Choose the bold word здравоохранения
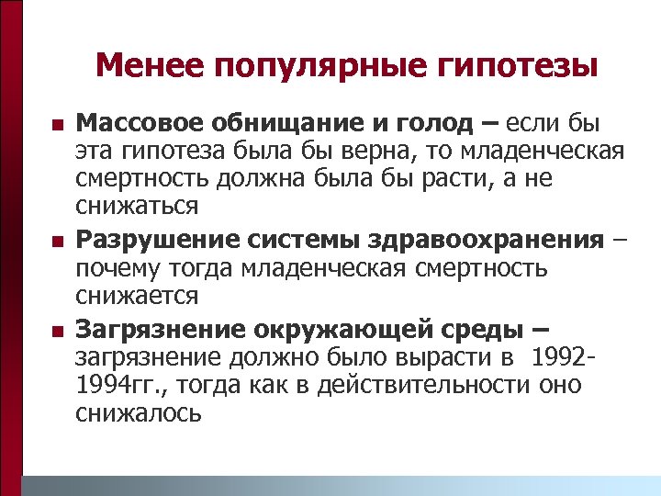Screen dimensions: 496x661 491,240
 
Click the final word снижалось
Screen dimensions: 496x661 138,412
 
